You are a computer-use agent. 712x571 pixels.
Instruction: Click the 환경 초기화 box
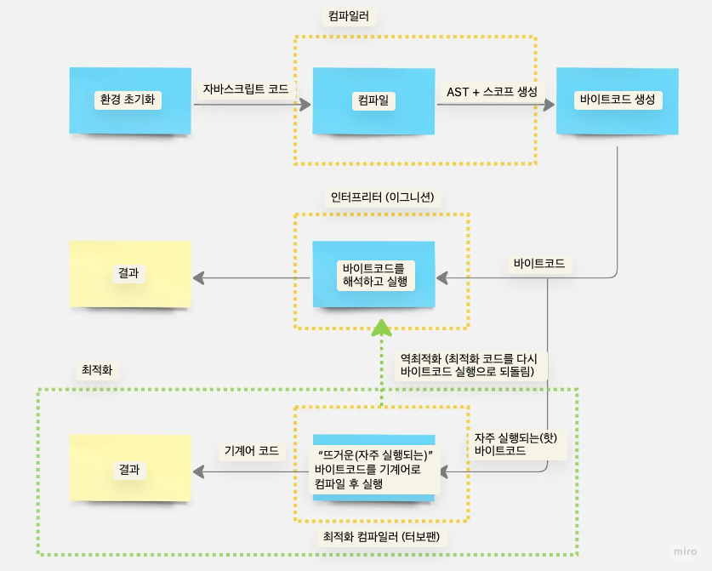tap(130, 100)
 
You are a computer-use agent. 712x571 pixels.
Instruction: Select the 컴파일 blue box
tap(374, 100)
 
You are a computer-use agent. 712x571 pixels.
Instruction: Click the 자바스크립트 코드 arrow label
tap(245, 89)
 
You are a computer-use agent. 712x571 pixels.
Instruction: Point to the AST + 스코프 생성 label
tap(492, 91)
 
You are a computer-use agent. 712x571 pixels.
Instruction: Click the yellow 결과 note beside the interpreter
tap(130, 273)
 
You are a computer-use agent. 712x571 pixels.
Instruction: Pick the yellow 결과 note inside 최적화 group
tap(130, 469)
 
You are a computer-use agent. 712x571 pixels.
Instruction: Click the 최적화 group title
tap(95, 371)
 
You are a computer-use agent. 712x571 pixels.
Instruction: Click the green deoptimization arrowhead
tap(382, 326)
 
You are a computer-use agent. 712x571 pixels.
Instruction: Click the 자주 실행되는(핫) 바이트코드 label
tap(510, 443)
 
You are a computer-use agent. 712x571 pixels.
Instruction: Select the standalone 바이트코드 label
tap(539, 264)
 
